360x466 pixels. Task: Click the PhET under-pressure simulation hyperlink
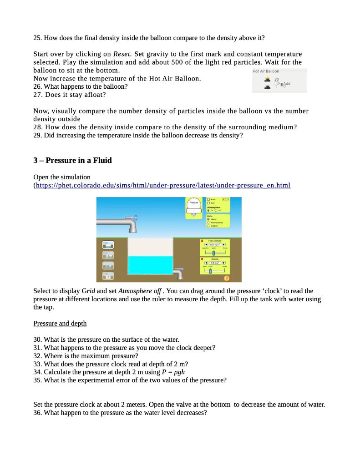pyautogui.click(x=164, y=186)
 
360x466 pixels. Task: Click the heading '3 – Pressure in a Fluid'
pyautogui.click(x=72, y=160)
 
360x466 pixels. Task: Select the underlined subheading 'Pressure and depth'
pyautogui.click(x=60, y=323)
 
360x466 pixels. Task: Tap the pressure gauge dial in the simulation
pyautogui.click(x=194, y=204)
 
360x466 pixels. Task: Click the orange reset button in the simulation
pyautogui.click(x=227, y=278)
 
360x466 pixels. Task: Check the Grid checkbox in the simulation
pyautogui.click(x=208, y=203)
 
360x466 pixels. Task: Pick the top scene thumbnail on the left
pyautogui.click(x=107, y=244)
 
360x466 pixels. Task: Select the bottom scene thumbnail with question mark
pyautogui.click(x=107, y=275)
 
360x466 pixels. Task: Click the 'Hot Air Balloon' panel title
pyautogui.click(x=266, y=71)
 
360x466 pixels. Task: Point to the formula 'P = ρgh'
pyautogui.click(x=173, y=372)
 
